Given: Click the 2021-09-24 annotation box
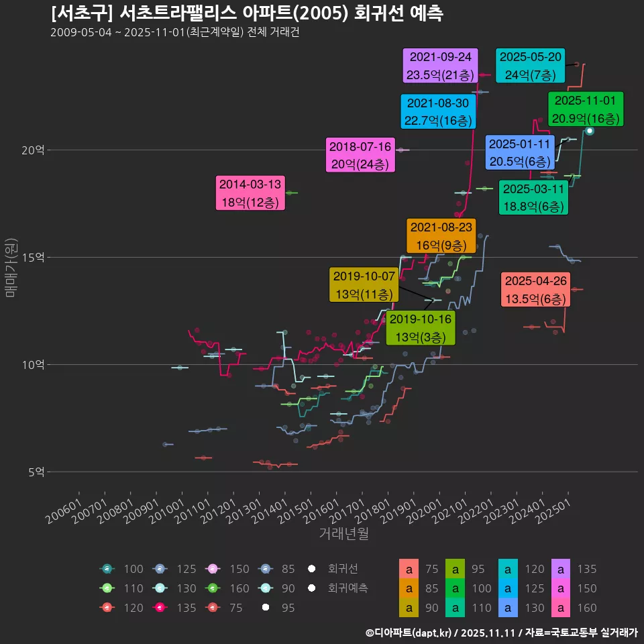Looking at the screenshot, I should [x=440, y=65].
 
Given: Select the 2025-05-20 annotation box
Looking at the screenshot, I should [x=530, y=66].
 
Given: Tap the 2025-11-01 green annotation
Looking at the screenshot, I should [x=586, y=109].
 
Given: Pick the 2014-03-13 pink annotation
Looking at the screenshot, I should [x=251, y=193].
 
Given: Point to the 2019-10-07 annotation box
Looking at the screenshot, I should [x=364, y=284].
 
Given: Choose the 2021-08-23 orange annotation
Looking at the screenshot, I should [x=441, y=236].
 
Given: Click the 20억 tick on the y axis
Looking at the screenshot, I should [x=33, y=150].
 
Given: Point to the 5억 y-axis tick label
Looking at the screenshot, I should [x=36, y=472].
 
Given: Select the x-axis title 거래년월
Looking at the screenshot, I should [x=343, y=534].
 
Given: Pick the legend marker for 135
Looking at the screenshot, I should [x=162, y=608].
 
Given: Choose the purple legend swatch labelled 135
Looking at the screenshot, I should [x=560, y=569].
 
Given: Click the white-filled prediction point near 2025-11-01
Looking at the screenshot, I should [x=589, y=131].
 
